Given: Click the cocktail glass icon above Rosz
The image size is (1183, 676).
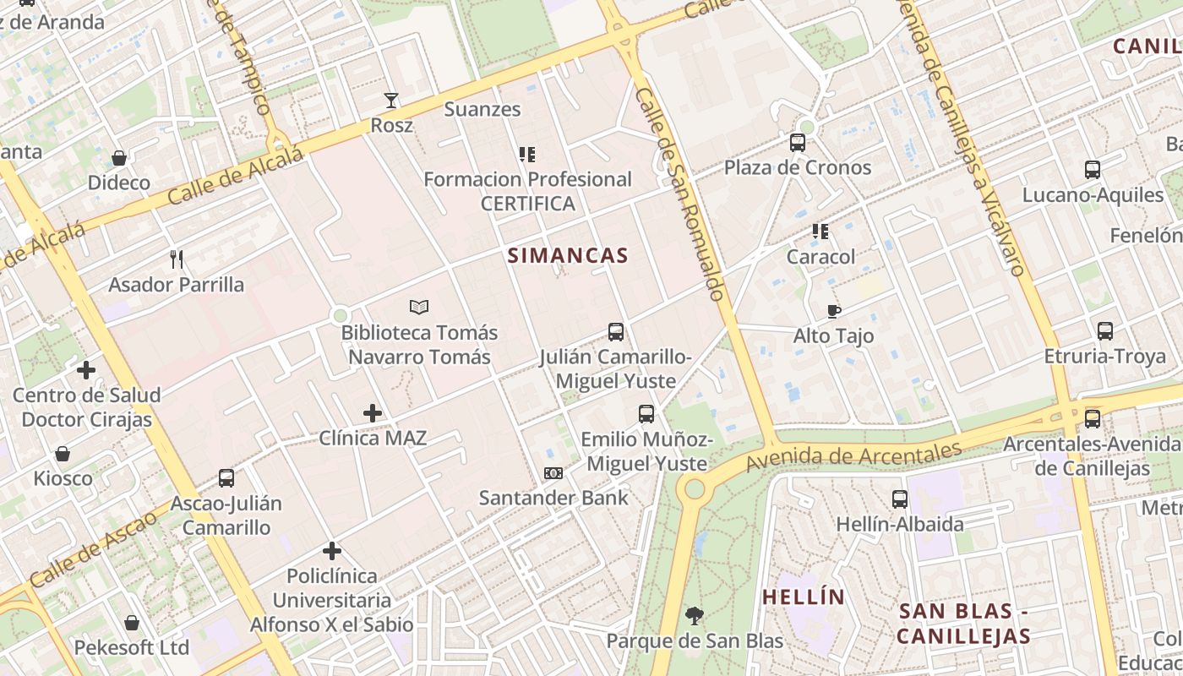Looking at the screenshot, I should point(390,101).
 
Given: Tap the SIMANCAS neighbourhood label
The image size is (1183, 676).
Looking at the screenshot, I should point(568,255).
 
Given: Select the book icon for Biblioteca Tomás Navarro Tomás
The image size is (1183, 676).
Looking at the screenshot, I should point(419,307).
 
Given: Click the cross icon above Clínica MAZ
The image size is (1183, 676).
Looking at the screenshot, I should point(372,413).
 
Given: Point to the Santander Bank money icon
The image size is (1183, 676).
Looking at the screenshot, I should point(553,473).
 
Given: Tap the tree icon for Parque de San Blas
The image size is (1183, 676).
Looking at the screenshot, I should point(695,616).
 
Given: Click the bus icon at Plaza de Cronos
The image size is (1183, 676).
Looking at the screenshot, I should point(798,142).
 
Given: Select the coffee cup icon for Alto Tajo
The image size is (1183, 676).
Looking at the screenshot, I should point(834,311).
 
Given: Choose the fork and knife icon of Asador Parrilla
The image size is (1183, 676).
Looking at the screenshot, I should point(177,259).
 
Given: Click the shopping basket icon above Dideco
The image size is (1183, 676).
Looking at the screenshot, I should point(119,158).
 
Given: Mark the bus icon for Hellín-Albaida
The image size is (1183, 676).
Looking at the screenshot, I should point(900,499).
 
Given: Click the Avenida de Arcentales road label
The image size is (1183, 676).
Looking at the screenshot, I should point(853,456).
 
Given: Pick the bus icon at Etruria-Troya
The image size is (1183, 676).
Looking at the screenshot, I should point(1105,331).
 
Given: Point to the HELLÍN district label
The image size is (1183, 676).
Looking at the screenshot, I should point(804,597).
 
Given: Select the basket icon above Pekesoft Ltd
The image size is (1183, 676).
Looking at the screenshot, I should point(132,623).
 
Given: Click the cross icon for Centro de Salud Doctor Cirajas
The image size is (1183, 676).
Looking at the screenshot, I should point(86,370).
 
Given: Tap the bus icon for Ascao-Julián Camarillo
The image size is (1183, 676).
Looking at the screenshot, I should point(226,478).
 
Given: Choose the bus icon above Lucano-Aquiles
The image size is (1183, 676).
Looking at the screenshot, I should point(1093,170).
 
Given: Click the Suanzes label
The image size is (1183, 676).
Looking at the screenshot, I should point(482,109).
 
